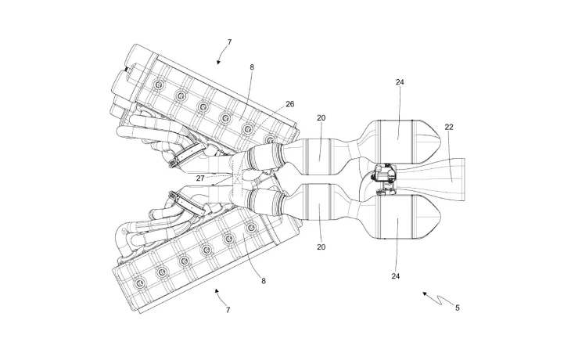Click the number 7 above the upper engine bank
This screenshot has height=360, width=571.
click(229, 41)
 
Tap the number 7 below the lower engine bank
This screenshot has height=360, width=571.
click(228, 310)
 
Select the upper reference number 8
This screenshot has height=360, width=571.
click(252, 68)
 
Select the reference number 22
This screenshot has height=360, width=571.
click(449, 128)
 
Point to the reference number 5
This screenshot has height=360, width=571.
click(458, 308)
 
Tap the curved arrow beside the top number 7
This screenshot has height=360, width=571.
click(220, 55)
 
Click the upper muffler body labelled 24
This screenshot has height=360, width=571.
click(399, 141)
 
